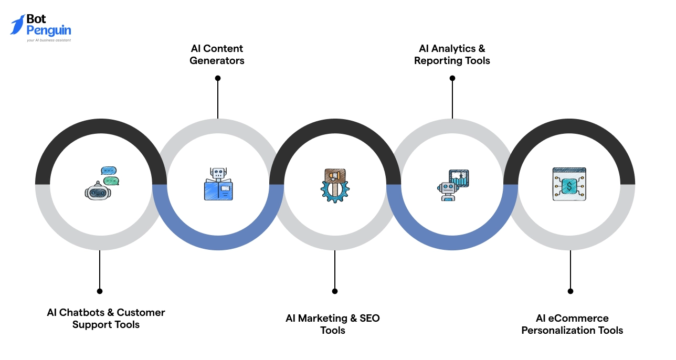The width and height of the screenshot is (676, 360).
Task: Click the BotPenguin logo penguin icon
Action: click(17, 25)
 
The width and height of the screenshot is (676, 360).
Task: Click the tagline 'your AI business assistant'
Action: click(49, 40)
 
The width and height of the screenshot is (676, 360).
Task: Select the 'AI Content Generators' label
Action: click(217, 55)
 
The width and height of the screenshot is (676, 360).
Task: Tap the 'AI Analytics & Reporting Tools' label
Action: click(452, 55)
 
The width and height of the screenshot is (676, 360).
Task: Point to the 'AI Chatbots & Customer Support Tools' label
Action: click(106, 319)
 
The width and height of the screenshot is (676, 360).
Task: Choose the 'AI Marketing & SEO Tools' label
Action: click(333, 324)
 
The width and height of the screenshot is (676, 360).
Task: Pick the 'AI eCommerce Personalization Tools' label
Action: click(572, 324)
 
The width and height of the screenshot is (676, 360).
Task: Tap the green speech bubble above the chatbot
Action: click(111, 181)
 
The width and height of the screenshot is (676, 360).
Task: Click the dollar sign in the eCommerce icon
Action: click(569, 185)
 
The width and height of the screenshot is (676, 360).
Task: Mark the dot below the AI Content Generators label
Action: click(218, 78)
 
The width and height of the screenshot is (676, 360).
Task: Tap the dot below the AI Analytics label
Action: click(452, 78)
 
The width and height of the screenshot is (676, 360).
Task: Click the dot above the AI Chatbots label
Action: click(100, 291)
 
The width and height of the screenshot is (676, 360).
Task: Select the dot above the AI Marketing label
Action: click(335, 291)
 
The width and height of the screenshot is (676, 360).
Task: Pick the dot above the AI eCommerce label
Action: click(571, 291)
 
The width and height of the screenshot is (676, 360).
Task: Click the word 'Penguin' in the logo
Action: click(49, 30)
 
